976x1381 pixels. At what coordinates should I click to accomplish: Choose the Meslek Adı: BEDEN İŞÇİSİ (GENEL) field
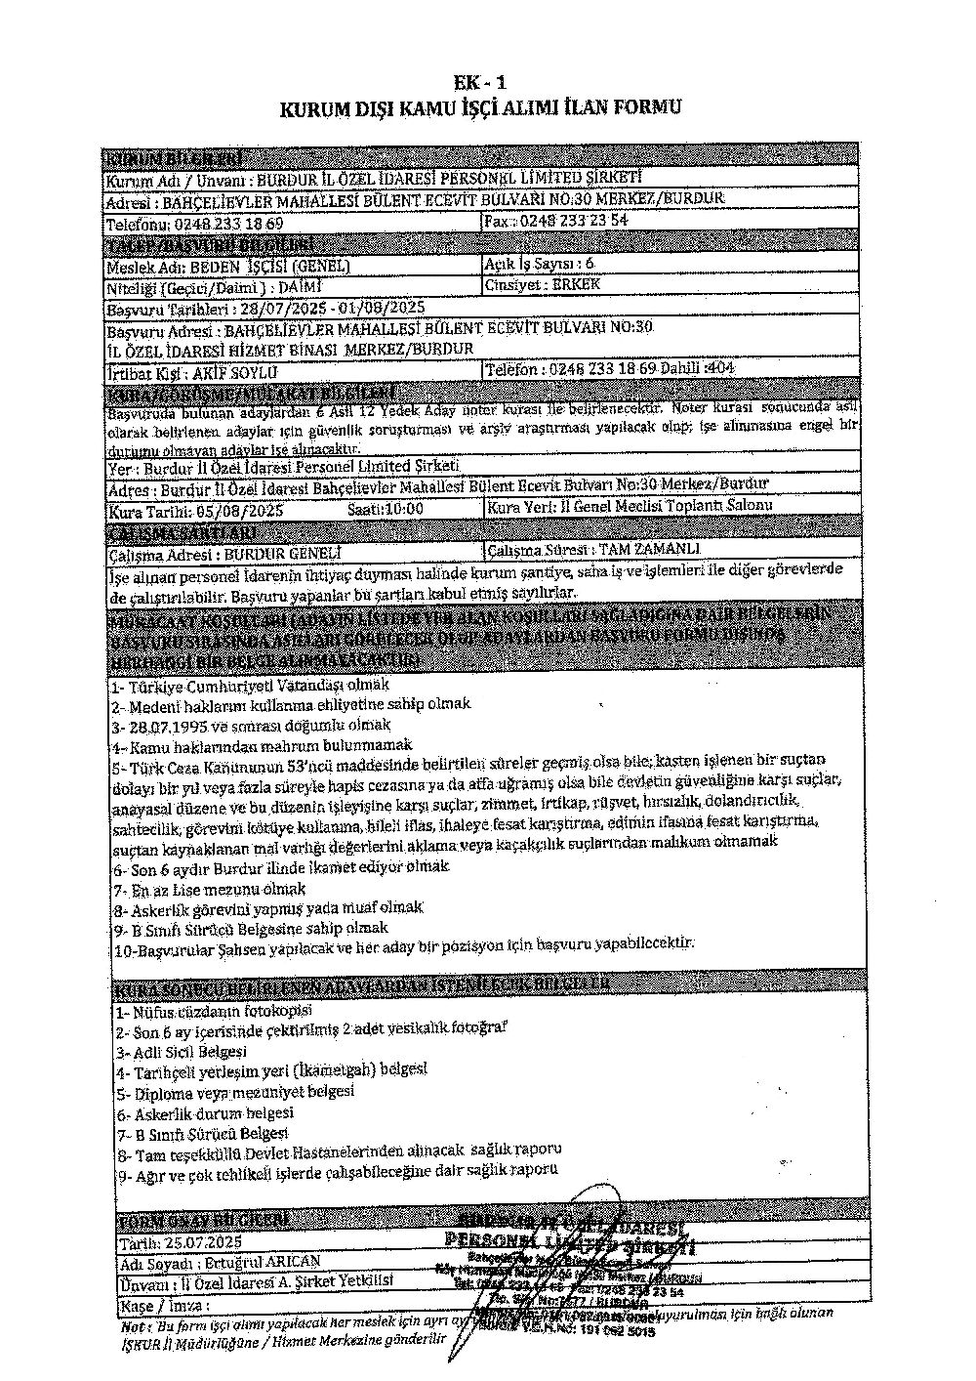(x=228, y=266)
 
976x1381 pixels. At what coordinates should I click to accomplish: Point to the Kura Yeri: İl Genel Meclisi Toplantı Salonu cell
(x=629, y=505)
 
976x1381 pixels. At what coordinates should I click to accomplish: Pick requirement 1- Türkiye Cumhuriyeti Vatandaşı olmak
(x=250, y=686)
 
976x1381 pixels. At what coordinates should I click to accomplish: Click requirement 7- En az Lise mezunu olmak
(x=209, y=890)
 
